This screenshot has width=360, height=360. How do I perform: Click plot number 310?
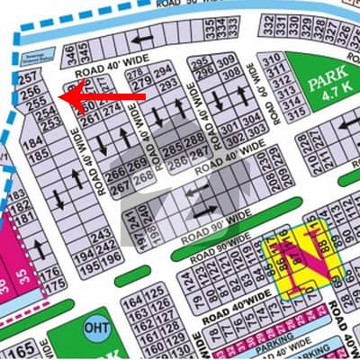(271, 60)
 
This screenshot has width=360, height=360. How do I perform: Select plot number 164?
(133, 301)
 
